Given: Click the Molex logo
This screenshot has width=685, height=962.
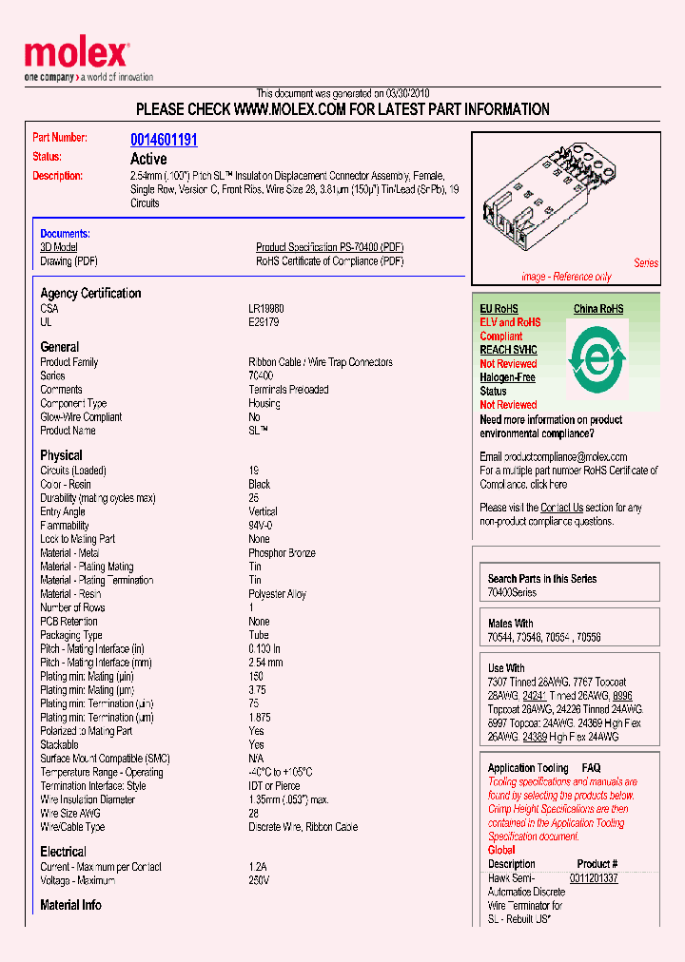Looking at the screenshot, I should click(x=76, y=55).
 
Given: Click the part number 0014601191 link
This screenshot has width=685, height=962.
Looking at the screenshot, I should click(x=164, y=140).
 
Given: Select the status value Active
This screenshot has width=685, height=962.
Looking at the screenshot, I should click(x=148, y=159).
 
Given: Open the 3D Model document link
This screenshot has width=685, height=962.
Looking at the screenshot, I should click(x=59, y=247).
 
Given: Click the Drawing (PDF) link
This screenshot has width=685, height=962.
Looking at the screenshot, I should click(x=68, y=261).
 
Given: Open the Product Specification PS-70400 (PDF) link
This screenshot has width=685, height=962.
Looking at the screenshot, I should click(x=329, y=247).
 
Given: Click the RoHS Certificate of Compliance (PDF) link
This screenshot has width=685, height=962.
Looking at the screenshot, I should click(x=329, y=261).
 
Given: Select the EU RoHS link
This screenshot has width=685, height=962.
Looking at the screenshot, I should click(x=499, y=309).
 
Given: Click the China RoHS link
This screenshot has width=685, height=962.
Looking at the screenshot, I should click(x=598, y=309).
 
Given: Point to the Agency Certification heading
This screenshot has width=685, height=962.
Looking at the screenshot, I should click(x=90, y=294).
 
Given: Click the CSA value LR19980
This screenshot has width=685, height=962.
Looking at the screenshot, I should click(x=266, y=309).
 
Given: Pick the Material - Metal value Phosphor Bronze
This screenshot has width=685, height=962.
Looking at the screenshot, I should click(x=282, y=553).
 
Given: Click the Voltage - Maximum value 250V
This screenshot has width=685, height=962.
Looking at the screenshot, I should click(x=259, y=880).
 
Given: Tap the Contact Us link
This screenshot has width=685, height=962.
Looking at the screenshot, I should click(x=561, y=508).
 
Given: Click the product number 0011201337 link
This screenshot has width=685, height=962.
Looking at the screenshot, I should click(x=594, y=878).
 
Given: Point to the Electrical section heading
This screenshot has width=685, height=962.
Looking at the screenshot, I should click(x=63, y=852).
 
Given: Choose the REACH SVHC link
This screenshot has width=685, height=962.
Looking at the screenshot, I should click(x=508, y=350).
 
